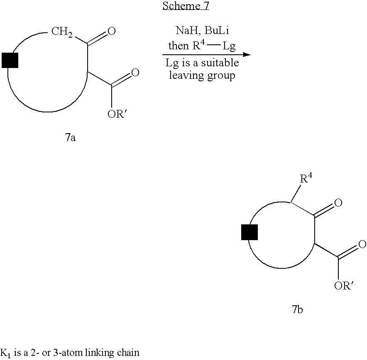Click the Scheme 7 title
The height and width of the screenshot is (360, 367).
186,6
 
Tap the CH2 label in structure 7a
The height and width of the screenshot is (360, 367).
62,32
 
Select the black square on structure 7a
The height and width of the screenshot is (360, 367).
10,60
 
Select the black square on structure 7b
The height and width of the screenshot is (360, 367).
250,232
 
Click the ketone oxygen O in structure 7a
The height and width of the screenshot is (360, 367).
111,31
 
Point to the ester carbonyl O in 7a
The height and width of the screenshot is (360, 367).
135,73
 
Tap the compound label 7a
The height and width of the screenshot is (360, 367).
70,137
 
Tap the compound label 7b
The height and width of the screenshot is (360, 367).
297,309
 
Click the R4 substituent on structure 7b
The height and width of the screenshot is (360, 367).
306,178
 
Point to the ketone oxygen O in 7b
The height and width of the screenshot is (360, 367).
338,203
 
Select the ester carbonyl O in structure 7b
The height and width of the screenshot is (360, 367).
362,244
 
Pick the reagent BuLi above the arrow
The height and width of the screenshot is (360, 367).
216,30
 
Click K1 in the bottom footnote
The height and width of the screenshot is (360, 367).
5,353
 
